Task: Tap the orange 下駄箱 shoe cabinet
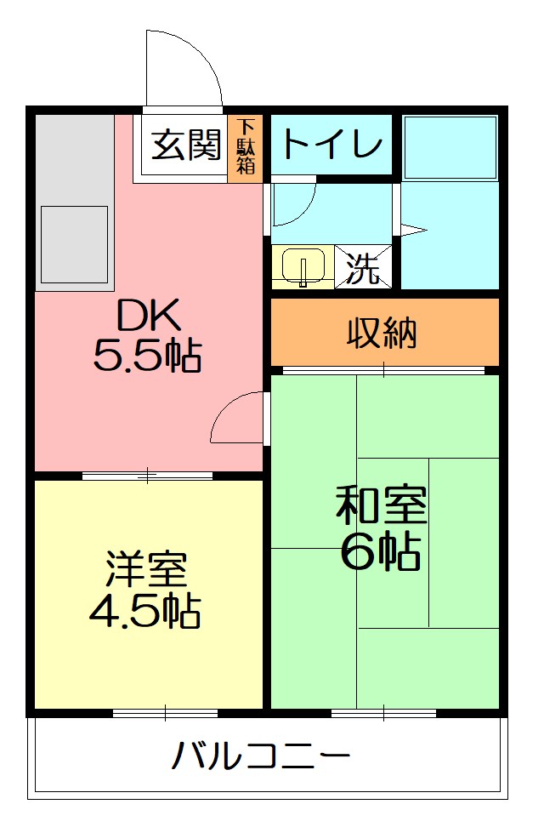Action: [246, 145]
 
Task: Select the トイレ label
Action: [331, 144]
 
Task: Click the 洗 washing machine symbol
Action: [363, 267]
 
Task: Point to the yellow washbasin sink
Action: [303, 265]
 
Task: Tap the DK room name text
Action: [148, 317]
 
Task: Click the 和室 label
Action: [380, 507]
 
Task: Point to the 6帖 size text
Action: [380, 552]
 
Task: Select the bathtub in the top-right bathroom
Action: [450, 146]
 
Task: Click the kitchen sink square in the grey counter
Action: [74, 244]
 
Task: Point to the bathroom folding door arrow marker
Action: [412, 229]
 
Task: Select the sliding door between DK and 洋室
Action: [147, 476]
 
